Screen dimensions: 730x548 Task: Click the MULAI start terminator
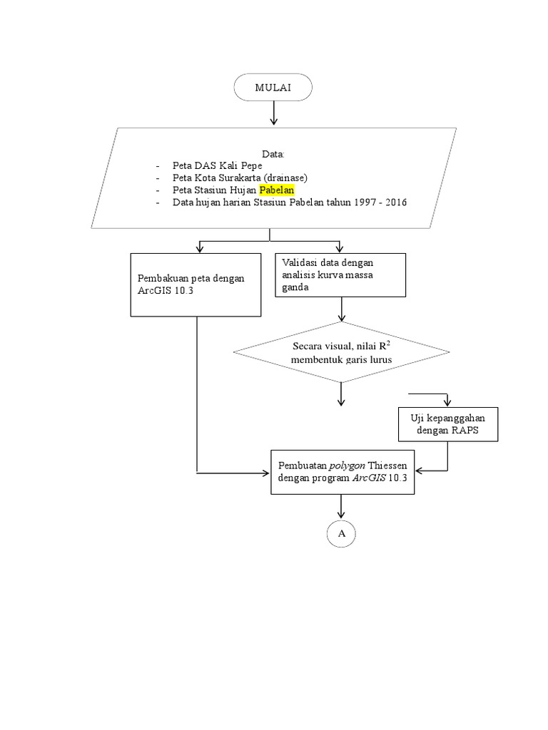click(273, 88)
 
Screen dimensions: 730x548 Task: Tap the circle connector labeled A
click(342, 533)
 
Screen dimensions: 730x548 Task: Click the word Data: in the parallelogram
click(273, 153)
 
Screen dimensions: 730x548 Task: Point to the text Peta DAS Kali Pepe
click(212, 165)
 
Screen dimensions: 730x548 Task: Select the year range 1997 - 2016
click(382, 202)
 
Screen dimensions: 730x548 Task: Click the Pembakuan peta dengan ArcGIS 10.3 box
click(196, 285)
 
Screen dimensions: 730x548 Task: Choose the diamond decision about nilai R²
click(341, 353)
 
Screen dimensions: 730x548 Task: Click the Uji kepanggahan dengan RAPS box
click(447, 425)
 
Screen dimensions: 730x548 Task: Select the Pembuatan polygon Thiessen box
click(342, 471)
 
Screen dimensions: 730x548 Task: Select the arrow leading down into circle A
click(342, 507)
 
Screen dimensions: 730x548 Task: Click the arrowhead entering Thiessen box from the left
click(266, 472)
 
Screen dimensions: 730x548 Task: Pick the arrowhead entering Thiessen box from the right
click(419, 471)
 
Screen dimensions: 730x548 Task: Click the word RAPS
click(465, 431)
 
